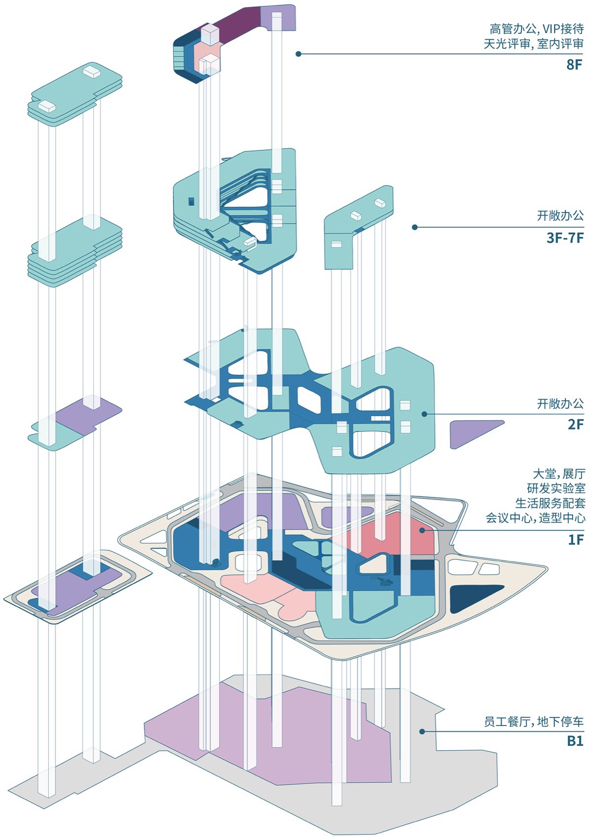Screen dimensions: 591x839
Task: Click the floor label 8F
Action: (x=575, y=65)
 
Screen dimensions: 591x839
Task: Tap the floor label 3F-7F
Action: (x=565, y=238)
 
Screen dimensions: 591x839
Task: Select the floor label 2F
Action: (x=576, y=424)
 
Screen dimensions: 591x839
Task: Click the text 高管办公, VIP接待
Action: (x=537, y=29)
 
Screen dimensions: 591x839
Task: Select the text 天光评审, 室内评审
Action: (x=534, y=44)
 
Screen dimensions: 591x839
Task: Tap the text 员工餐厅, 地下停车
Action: (x=534, y=722)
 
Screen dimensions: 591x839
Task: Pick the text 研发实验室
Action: (x=556, y=489)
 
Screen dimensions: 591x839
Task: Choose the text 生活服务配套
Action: (x=550, y=503)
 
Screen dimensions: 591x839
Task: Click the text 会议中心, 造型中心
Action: (x=536, y=518)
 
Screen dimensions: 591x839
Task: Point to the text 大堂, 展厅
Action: (x=559, y=474)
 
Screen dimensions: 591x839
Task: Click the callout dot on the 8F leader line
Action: (x=298, y=54)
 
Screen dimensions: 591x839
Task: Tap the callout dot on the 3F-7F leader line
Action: (x=414, y=228)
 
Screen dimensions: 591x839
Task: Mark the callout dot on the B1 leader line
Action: (x=422, y=731)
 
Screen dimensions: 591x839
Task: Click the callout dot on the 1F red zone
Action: (x=422, y=531)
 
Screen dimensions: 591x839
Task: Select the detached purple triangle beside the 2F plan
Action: (x=472, y=431)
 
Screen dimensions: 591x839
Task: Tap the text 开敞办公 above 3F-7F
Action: (x=560, y=216)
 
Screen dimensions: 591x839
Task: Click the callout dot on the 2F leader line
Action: (x=424, y=414)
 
